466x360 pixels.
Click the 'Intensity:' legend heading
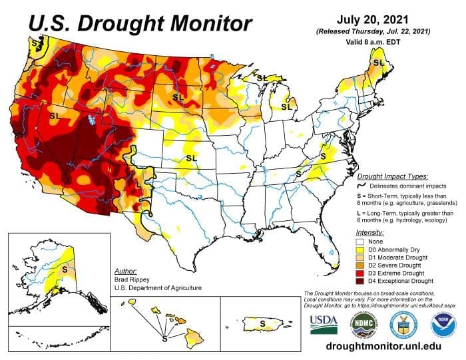click(x=369, y=232)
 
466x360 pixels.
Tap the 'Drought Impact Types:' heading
click(x=392, y=177)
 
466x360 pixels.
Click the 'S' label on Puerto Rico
click(x=263, y=323)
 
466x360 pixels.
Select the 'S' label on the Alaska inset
click(x=65, y=270)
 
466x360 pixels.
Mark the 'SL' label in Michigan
click(x=287, y=106)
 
